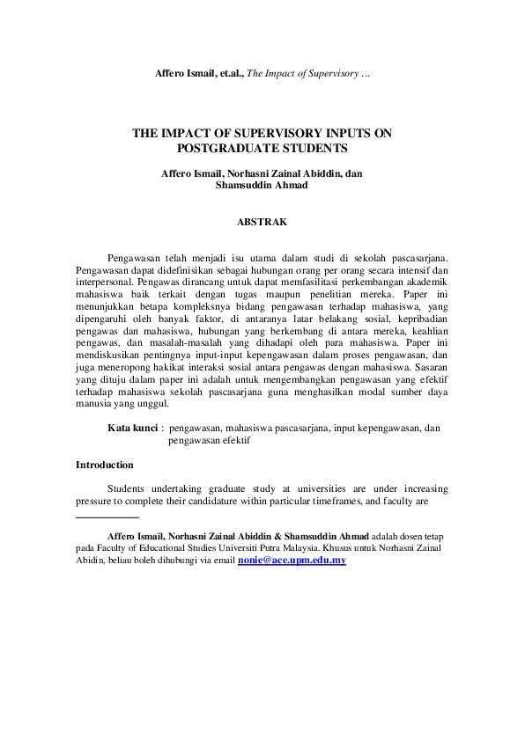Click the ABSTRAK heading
262,223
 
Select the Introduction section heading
105,465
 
